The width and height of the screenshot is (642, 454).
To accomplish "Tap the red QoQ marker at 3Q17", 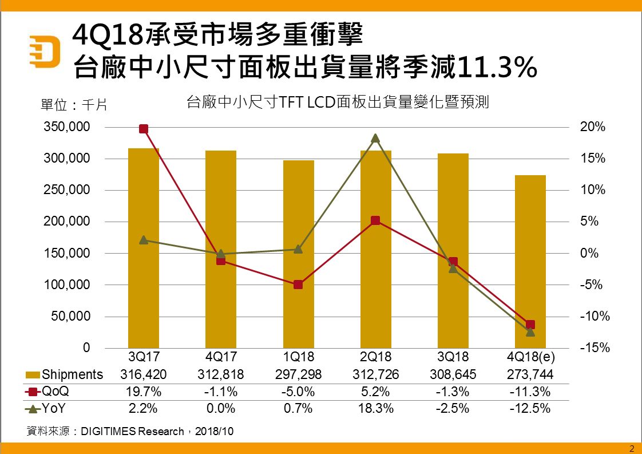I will click(x=144, y=129).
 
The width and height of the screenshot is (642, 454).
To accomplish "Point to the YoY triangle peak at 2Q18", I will click(x=375, y=138).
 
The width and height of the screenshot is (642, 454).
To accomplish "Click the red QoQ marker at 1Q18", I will click(x=298, y=285).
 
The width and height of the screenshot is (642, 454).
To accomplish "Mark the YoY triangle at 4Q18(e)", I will click(x=530, y=331).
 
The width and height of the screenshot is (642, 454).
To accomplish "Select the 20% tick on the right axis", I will click(x=592, y=127).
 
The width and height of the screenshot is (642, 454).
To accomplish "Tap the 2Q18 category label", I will click(x=375, y=357).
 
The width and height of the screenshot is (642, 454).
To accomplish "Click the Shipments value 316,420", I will click(x=144, y=374).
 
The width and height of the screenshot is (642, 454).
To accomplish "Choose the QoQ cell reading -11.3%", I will click(x=530, y=392).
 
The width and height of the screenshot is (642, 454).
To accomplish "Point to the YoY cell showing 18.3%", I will click(x=375, y=409).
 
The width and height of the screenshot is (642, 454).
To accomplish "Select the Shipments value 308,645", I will click(x=453, y=374).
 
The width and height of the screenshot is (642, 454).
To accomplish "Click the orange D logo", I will click(x=46, y=50).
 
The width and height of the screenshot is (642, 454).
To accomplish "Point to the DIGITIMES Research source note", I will click(x=130, y=431).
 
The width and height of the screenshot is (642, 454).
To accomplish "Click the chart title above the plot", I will click(x=338, y=103).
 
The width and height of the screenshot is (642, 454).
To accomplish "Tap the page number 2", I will click(x=632, y=448).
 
